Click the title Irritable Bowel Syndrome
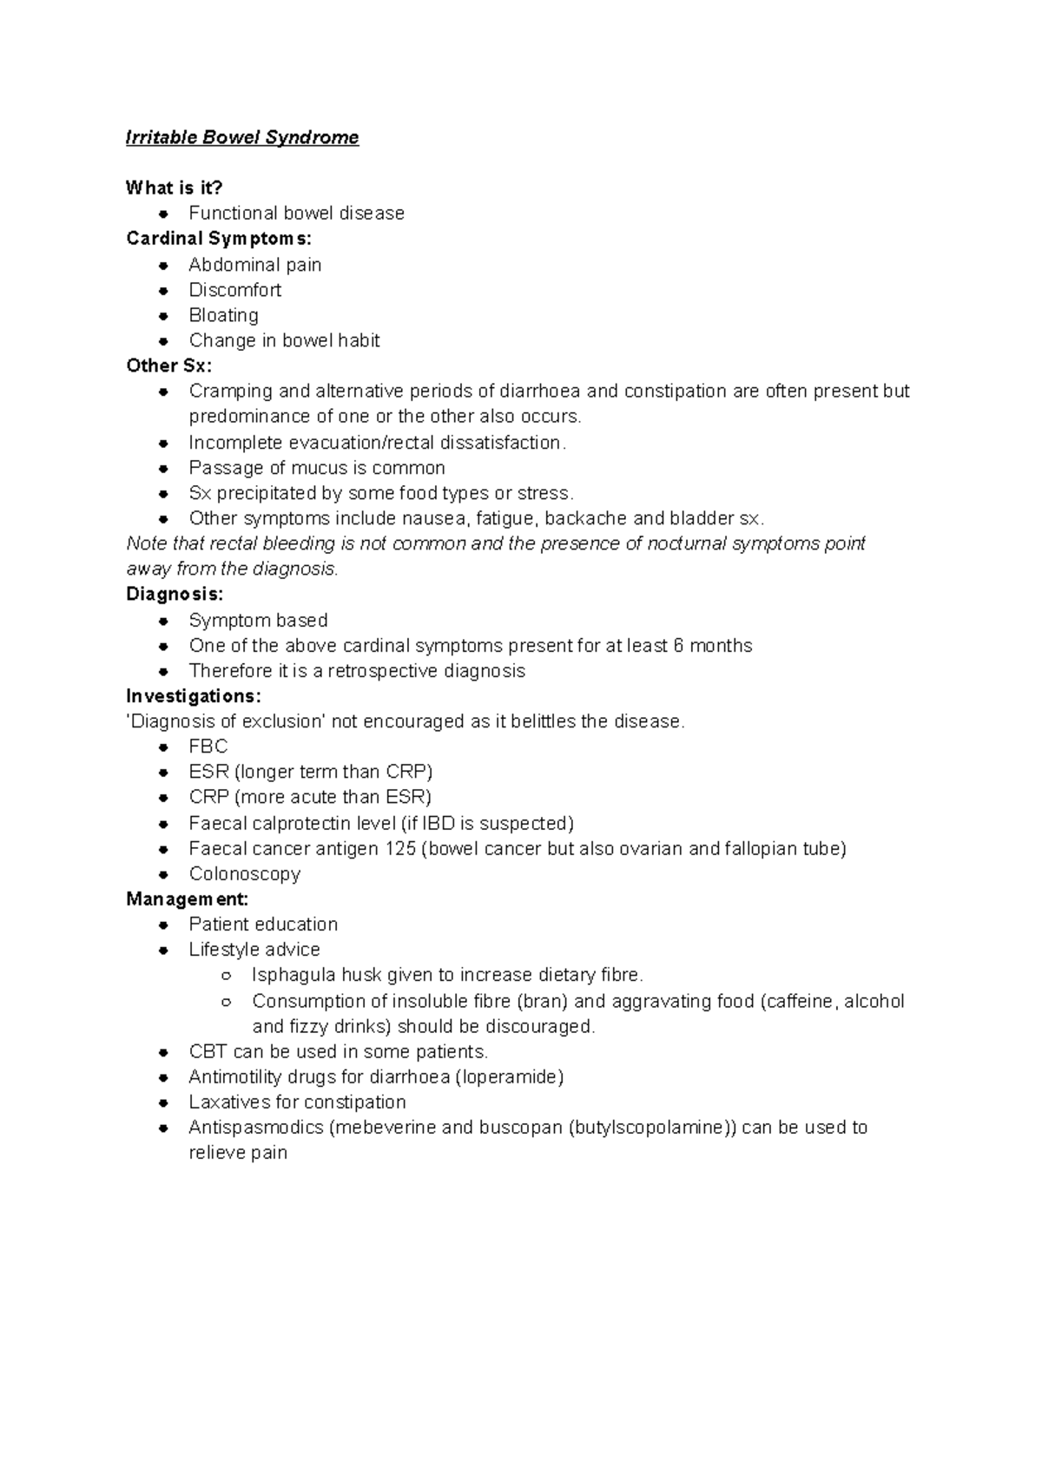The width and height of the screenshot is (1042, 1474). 242,137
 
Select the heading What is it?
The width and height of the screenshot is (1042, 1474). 174,188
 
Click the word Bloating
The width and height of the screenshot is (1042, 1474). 223,315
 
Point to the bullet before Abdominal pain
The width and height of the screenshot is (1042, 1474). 163,266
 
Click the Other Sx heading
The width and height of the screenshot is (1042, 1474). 168,365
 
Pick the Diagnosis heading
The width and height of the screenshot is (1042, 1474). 175,595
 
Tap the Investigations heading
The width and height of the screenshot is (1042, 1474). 193,696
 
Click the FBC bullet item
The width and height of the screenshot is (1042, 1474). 208,747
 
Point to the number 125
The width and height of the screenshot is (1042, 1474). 400,848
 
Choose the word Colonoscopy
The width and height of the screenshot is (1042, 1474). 244,874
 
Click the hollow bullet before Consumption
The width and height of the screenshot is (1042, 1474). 226,1002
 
